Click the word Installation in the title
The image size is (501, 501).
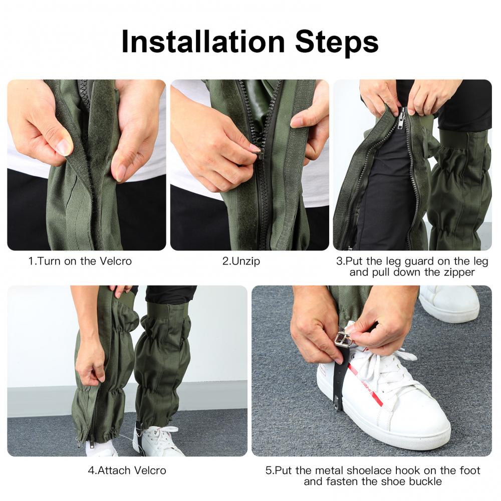click(x=203, y=42)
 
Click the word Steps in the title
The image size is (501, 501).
click(x=337, y=42)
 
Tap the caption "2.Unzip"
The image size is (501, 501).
click(x=241, y=262)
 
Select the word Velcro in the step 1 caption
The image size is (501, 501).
click(x=115, y=261)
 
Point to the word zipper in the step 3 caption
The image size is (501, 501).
click(x=459, y=273)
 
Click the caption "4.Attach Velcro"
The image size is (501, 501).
click(x=127, y=470)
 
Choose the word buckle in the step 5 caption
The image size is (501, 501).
click(x=425, y=481)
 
